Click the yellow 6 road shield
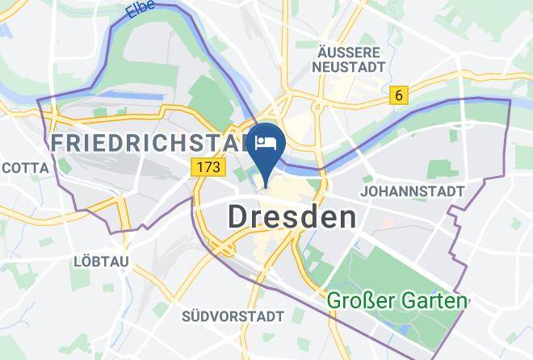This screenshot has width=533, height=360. [x=397, y=95]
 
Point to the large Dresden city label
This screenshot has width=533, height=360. [x=292, y=216]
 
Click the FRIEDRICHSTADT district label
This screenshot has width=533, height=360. [x=149, y=144]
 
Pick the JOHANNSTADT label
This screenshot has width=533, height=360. [x=413, y=191]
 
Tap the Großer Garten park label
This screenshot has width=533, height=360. [x=397, y=301]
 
